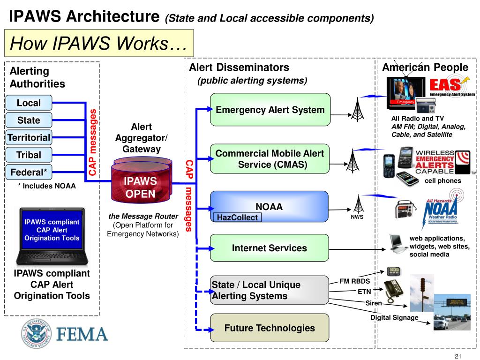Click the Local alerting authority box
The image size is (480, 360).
pyautogui.click(x=29, y=103)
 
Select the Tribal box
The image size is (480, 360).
pyautogui.click(x=29, y=155)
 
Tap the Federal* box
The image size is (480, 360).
pyautogui.click(x=29, y=172)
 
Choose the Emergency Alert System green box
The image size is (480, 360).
pyautogui.click(x=270, y=110)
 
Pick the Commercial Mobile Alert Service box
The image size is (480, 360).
pyautogui.click(x=270, y=159)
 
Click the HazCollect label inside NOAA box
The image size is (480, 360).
pyautogui.click(x=237, y=217)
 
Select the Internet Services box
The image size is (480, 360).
pyautogui.click(x=270, y=248)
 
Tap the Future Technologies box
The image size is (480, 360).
pyautogui.click(x=270, y=328)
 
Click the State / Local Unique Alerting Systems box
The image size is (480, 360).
pyautogui.click(x=270, y=290)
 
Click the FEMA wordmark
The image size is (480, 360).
pyautogui.click(x=82, y=334)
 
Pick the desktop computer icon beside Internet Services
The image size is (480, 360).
pyautogui.click(x=397, y=242)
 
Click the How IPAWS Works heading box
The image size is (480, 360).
pyautogui.click(x=99, y=44)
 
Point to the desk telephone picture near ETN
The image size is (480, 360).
pyautogui.click(x=393, y=290)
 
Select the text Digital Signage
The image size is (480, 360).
pyautogui.click(x=394, y=318)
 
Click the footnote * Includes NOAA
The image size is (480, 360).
pyautogui.click(x=47, y=186)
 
